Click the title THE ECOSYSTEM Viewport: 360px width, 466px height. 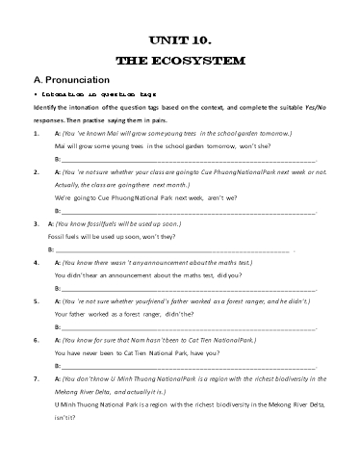(180, 60)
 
